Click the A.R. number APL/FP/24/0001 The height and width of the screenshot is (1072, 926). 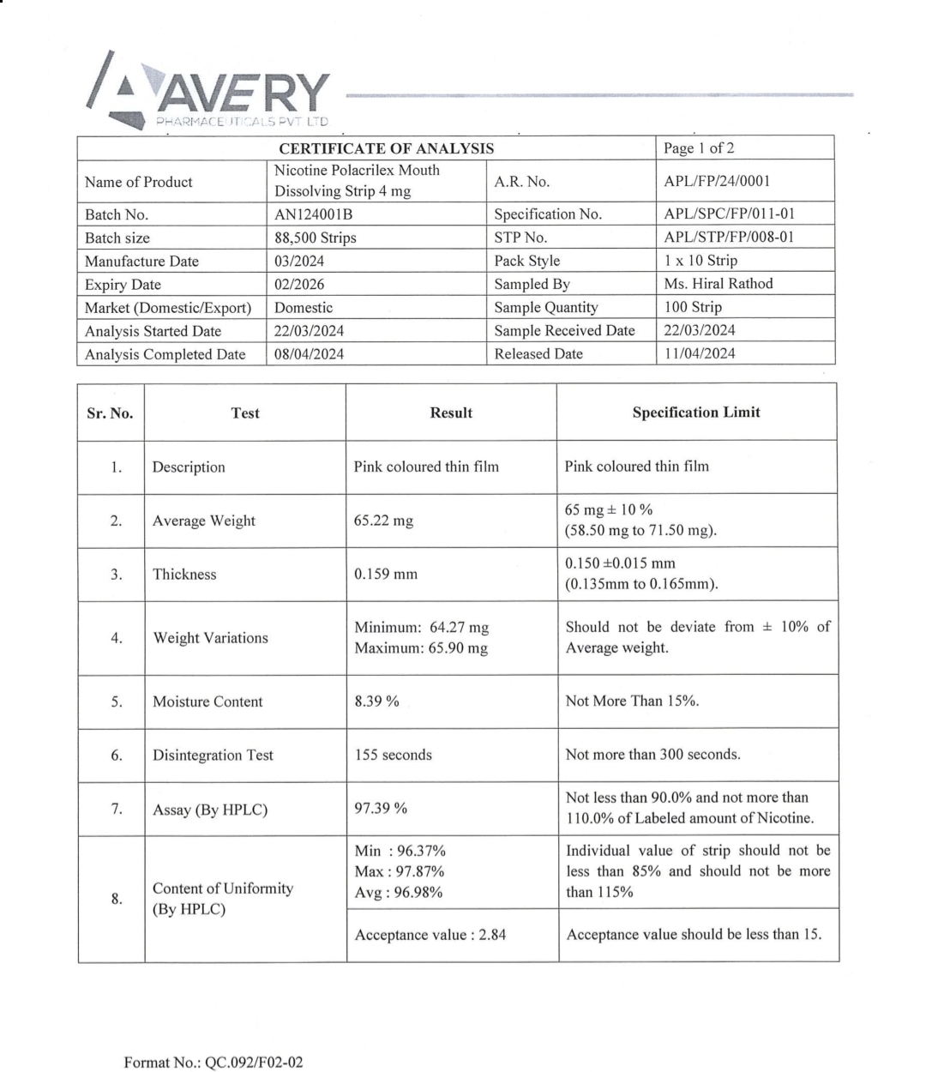coord(717,181)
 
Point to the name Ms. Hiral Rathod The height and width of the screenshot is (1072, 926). coord(719,284)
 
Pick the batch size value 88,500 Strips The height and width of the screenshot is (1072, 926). coord(315,238)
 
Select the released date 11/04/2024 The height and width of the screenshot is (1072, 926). coord(700,353)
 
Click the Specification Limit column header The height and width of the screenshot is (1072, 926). coord(696,413)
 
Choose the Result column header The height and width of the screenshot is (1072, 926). coord(451,413)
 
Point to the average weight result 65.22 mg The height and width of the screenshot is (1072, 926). coord(383,521)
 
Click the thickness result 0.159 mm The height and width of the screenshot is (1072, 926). coord(386,575)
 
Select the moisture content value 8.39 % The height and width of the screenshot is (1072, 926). coord(376,702)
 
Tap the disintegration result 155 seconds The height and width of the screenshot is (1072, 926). coord(394,756)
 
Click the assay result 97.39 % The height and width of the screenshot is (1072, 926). coord(381,809)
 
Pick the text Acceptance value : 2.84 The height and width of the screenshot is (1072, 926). coord(430,935)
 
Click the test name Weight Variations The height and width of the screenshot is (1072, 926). coord(210,638)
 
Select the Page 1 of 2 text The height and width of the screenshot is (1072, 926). coord(699,148)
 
